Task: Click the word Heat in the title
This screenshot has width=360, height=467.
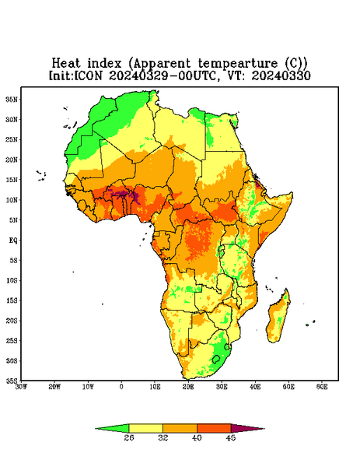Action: [66, 64]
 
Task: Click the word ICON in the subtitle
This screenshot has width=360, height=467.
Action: [88, 75]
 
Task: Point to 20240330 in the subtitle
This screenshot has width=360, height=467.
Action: [281, 75]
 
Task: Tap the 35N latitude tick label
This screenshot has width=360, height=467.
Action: [12, 99]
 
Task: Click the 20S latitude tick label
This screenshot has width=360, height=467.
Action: [12, 321]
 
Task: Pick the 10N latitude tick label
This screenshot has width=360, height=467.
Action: [12, 200]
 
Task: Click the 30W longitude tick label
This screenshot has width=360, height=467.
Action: [21, 387]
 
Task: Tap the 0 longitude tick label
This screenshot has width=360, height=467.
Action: [121, 387]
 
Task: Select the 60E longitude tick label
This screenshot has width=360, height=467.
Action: [322, 387]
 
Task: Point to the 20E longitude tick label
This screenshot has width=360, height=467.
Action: [188, 387]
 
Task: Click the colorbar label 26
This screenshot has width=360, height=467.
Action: [129, 437]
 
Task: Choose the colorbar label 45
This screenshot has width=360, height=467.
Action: [231, 437]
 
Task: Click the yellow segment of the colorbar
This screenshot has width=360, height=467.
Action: [145, 428]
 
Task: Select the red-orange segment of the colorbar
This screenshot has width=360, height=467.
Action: [214, 428]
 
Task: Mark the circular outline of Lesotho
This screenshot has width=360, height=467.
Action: [213, 359]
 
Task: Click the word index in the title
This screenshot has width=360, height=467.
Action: [104, 64]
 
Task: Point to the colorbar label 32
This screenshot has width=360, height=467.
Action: [163, 437]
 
